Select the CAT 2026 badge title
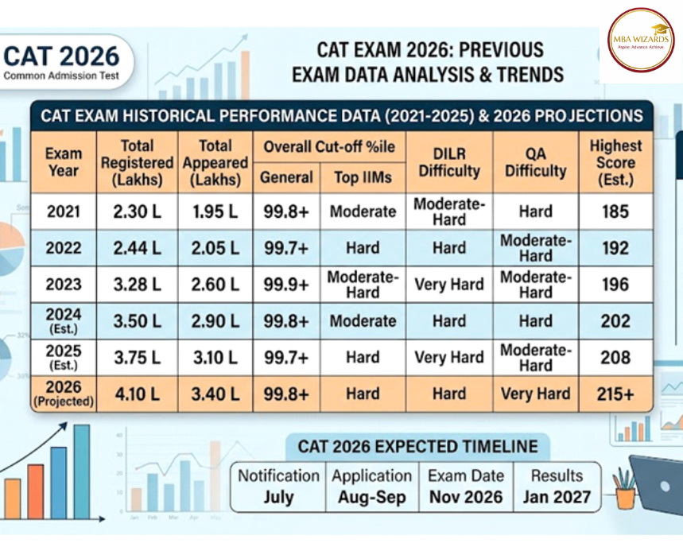tap(61, 56)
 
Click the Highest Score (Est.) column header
tap(615, 162)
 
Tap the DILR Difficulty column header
tap(449, 162)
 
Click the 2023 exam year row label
tap(64, 284)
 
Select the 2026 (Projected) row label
tap(64, 394)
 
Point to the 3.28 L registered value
tap(137, 284)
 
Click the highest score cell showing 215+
tap(615, 394)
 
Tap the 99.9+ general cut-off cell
tap(286, 284)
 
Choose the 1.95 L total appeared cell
tap(215, 211)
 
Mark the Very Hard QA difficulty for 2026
tap(535, 394)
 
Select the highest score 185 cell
tap(615, 211)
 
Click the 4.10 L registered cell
tap(137, 394)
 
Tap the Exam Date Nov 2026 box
tap(466, 487)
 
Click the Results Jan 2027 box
tap(557, 487)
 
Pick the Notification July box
tap(278, 487)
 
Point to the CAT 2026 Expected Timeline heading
tap(417, 446)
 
